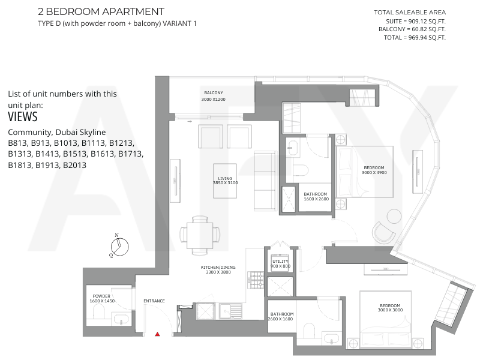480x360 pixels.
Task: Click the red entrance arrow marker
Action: click(x=157, y=334)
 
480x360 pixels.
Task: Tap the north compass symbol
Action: click(x=119, y=246)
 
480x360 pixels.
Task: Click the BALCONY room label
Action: click(x=214, y=93)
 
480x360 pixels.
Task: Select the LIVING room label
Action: click(x=225, y=178)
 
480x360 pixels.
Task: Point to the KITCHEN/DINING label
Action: click(x=218, y=267)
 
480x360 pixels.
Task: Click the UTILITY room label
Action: click(x=280, y=262)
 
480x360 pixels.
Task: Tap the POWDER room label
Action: click(x=101, y=296)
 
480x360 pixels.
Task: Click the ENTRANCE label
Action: click(x=154, y=301)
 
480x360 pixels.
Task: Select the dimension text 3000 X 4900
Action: click(x=374, y=173)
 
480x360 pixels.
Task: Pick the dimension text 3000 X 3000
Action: click(x=390, y=310)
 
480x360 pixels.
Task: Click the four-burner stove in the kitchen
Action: click(x=256, y=280)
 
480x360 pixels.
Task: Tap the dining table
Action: click(x=200, y=236)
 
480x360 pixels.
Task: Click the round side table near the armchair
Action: click(x=394, y=216)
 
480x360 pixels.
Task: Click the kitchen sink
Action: click(x=227, y=311)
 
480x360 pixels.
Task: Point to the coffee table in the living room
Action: click(x=225, y=181)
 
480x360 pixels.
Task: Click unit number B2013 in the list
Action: click(x=74, y=166)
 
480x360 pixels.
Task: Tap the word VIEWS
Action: click(x=23, y=117)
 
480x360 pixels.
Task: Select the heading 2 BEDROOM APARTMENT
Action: click(x=101, y=11)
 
